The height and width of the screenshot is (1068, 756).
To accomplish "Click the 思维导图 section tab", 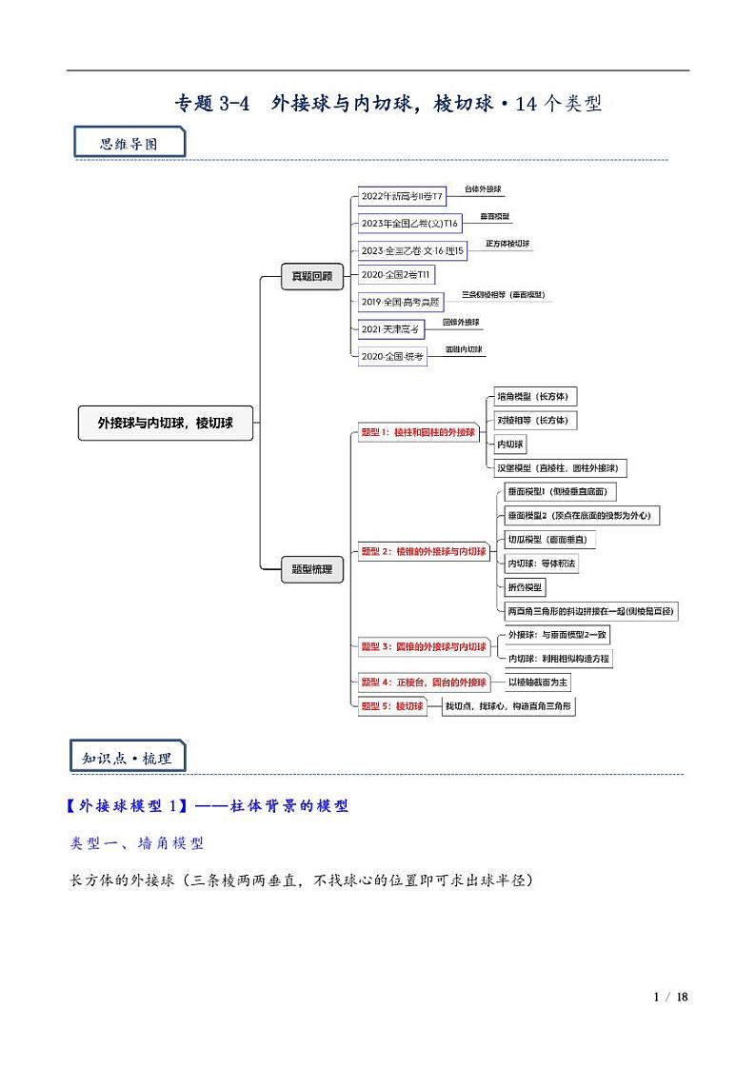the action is [129, 144].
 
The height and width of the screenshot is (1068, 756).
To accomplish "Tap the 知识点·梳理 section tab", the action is [127, 758].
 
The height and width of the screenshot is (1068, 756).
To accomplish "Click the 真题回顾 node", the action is [311, 276].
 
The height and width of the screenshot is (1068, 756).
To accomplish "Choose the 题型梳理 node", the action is [311, 569].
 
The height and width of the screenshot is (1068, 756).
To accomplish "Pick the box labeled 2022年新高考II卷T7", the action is [402, 197].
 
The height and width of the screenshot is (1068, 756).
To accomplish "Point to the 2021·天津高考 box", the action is [390, 329].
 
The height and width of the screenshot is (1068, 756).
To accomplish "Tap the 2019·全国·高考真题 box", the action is [401, 302].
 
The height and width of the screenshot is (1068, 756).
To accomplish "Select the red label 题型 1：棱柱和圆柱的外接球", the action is [417, 432].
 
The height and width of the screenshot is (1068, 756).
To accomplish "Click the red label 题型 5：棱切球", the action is [391, 706].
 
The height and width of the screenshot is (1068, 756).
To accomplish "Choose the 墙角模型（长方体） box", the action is [536, 397].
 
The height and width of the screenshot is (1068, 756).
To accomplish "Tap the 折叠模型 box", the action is [525, 586].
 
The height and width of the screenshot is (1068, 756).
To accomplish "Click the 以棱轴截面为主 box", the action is [538, 682].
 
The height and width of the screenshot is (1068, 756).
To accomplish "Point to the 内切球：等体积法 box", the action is [541, 564].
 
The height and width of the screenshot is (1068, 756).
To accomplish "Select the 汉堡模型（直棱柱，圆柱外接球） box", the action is [560, 467].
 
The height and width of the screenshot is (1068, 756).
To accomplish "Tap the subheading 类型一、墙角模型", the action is [137, 843].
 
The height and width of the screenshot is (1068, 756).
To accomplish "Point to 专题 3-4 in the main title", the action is [211, 104].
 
